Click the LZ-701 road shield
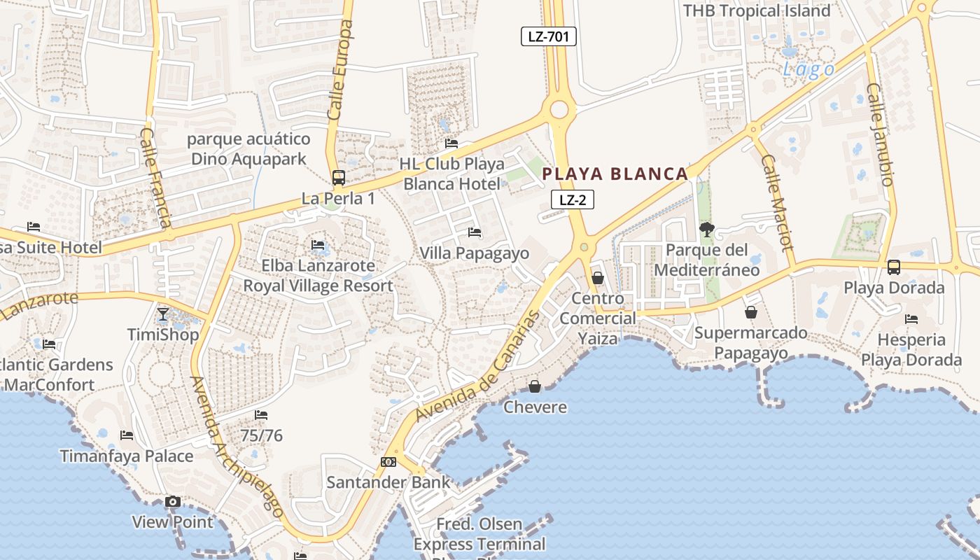click(x=548, y=36)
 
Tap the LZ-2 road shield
click(x=573, y=199)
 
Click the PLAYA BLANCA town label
click(x=615, y=174)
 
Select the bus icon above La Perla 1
click(x=338, y=178)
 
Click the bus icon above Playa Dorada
click(x=894, y=267)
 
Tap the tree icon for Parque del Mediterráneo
click(x=707, y=229)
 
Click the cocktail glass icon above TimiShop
click(x=163, y=314)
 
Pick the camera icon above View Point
click(x=172, y=501)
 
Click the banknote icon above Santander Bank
click(x=388, y=462)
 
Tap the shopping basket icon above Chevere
click(x=535, y=386)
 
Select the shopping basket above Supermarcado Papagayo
click(x=751, y=312)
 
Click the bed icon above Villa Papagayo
click(x=475, y=232)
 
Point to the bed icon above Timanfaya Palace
click(x=127, y=435)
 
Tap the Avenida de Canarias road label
click(x=479, y=366)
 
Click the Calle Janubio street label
click(x=880, y=134)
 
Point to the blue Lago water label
click(x=808, y=69)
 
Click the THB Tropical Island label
click(x=756, y=10)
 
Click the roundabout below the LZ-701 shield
click(x=559, y=108)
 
